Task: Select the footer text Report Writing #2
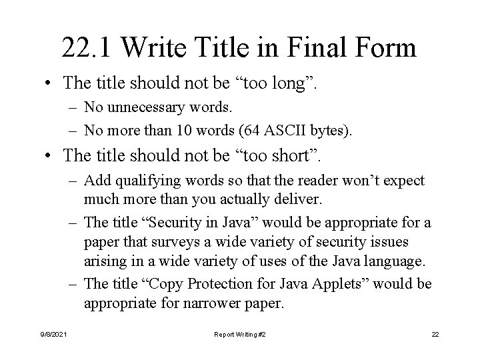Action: click(240, 333)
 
